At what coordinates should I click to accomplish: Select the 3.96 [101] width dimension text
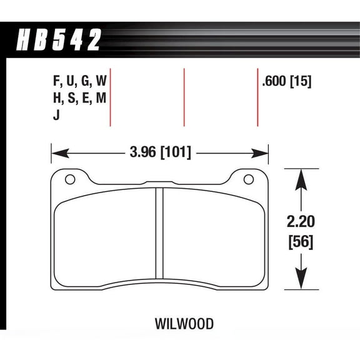tap(160, 152)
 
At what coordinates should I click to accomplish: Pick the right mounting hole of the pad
tap(248, 180)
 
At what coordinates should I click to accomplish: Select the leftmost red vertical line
tap(111, 97)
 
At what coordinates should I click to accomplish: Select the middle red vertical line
tap(184, 97)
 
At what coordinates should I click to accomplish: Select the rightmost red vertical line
tap(258, 97)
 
